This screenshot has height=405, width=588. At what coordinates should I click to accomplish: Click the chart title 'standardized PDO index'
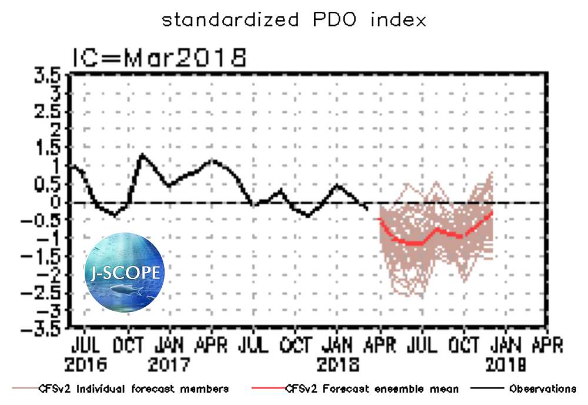point(293,20)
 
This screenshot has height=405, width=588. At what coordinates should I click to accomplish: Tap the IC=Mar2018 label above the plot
point(159,58)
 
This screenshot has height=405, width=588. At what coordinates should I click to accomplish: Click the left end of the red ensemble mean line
point(379,218)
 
